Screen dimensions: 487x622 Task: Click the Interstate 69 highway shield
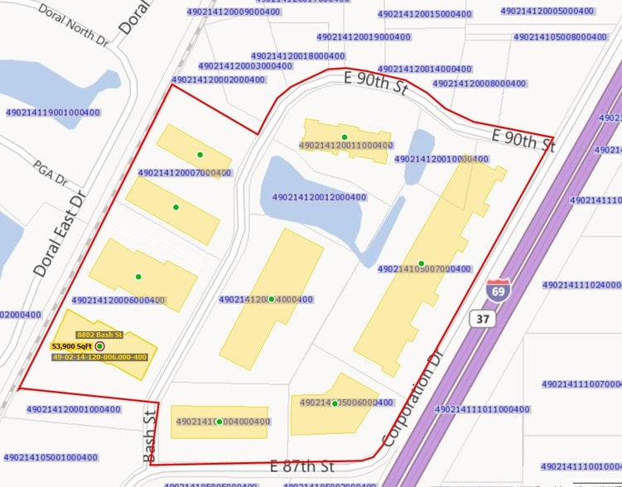[x=498, y=291]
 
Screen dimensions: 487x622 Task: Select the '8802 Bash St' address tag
[x=99, y=335]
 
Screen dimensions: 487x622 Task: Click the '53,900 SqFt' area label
[x=71, y=346]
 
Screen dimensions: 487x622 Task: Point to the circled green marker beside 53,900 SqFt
[x=100, y=346]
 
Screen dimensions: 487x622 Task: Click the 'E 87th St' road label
[x=303, y=466]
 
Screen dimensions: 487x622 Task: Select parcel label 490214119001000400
[x=53, y=113]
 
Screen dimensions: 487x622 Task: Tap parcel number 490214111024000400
[x=581, y=285]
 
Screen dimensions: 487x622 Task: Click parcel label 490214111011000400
[x=482, y=409]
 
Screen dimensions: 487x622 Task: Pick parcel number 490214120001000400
[x=74, y=409]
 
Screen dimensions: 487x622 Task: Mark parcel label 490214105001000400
[x=51, y=457]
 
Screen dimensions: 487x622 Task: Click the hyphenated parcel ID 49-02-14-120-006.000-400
[x=99, y=357]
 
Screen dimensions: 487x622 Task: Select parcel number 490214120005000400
[x=547, y=11]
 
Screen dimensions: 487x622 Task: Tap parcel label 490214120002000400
[x=219, y=80]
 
